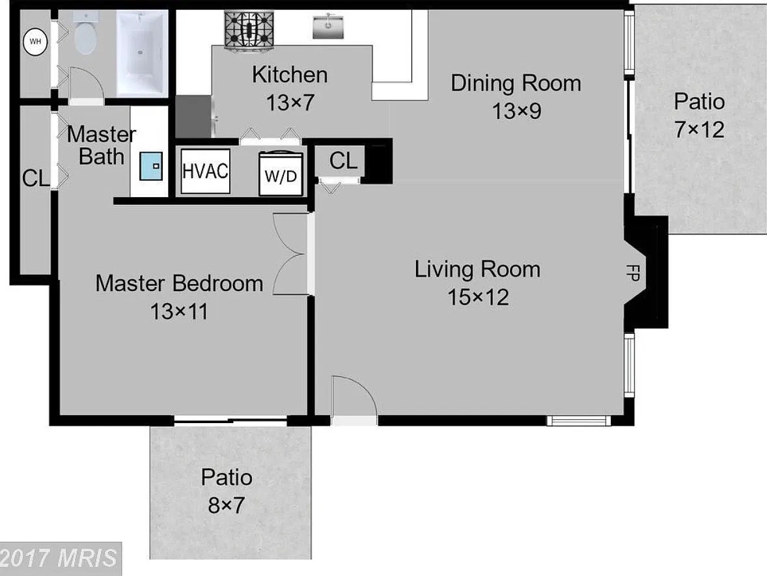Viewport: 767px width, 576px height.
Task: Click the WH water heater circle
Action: (x=35, y=41)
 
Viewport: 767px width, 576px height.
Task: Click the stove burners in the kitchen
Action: (x=249, y=31)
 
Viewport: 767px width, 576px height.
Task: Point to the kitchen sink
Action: (x=328, y=26)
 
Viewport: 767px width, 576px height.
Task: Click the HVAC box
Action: (x=206, y=171)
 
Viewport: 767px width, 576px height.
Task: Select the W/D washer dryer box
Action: (x=281, y=174)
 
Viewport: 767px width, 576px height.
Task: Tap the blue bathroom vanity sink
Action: (x=150, y=166)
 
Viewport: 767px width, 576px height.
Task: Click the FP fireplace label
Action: (x=632, y=272)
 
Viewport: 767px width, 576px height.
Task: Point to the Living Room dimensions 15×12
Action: (x=479, y=297)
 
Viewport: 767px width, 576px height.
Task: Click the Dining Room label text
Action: (x=516, y=83)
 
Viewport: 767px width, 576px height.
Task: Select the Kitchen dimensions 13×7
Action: (x=290, y=103)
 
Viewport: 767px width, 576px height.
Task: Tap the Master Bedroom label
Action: (x=180, y=283)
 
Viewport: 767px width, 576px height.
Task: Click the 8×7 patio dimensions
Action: (x=226, y=505)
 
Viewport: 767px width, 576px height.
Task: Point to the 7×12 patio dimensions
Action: (x=699, y=130)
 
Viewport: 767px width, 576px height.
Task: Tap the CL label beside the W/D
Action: (x=343, y=161)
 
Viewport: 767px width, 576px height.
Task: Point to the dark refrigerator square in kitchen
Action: (x=193, y=117)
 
